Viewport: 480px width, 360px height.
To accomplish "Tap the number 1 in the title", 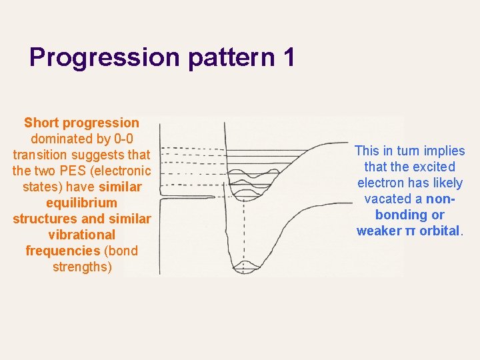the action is [x=288, y=58].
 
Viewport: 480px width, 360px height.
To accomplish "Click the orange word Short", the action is [x=41, y=123].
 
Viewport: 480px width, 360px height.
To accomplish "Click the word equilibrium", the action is [x=81, y=203].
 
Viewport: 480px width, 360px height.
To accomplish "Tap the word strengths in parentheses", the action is [x=81, y=267].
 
